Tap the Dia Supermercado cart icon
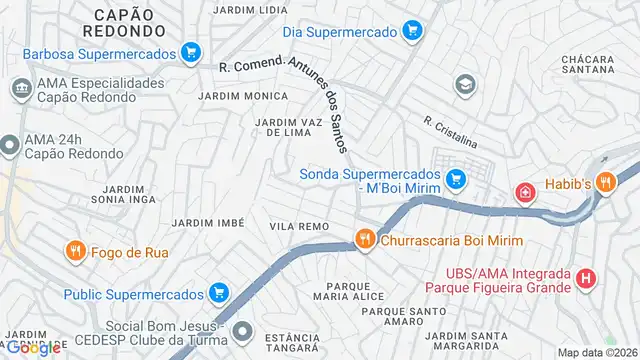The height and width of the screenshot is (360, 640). [x=410, y=32]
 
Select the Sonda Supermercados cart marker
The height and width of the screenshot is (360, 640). [x=456, y=179]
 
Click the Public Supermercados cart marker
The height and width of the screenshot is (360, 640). [x=219, y=294]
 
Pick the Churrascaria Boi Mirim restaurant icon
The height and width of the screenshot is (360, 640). [x=366, y=239]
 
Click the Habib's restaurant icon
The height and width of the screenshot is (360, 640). [x=604, y=182]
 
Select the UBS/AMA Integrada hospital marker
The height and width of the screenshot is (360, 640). [x=587, y=279]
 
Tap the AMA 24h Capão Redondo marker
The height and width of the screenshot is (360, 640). [x=10, y=146]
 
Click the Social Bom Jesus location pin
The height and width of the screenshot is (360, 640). [x=241, y=329]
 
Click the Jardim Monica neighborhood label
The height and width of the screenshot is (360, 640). [x=243, y=96]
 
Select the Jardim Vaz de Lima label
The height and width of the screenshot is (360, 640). [x=290, y=127]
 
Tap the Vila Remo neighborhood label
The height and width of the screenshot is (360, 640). [x=299, y=227]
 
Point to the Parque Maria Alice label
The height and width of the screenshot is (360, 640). [x=341, y=291]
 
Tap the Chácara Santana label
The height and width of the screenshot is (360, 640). [x=589, y=64]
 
